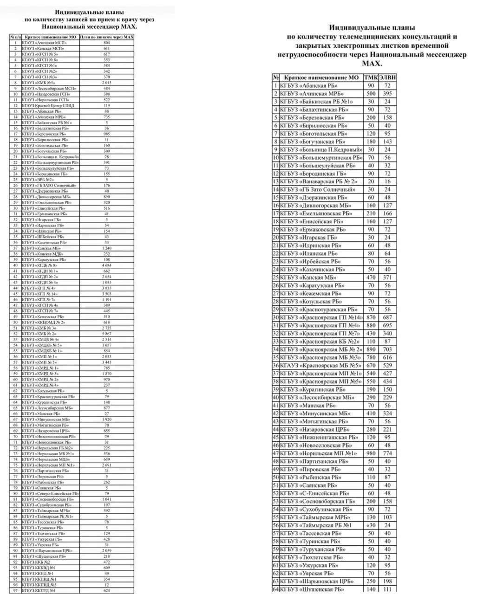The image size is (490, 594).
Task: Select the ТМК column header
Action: click(371, 77)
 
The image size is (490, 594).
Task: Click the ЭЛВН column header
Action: click(387, 77)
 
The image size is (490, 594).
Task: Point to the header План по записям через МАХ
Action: click(107, 37)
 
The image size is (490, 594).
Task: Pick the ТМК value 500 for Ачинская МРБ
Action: click(371, 94)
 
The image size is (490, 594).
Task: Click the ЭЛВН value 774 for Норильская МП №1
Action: click(387, 453)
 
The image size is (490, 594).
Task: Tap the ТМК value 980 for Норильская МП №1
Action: click(371, 453)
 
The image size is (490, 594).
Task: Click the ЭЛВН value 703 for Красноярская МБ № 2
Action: click(387, 349)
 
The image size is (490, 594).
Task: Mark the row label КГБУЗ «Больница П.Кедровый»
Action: click(321, 150)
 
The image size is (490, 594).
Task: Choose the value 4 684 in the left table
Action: click(107, 265)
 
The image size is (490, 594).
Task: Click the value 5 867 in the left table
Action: click(107, 334)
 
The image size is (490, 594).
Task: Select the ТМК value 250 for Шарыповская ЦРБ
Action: click(371, 581)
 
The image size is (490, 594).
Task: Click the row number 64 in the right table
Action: click(275, 589)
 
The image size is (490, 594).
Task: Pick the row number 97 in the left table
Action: click(15, 590)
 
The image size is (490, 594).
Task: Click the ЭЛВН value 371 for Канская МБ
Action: click(387, 278)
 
